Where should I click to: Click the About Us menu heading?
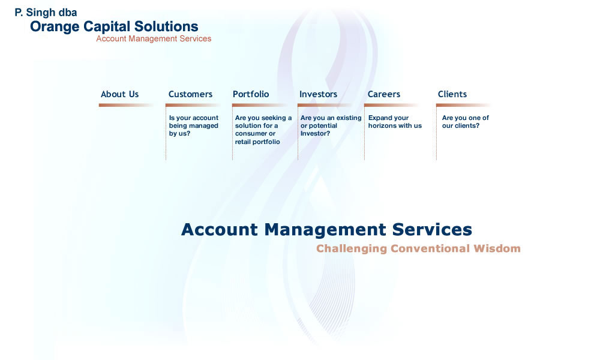[x=120, y=94]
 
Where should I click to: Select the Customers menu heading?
[x=190, y=94]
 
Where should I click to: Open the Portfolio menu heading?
[x=251, y=94]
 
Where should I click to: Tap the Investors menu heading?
[x=318, y=94]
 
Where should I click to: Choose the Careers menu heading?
[x=384, y=94]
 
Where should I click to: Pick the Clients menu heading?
[x=452, y=94]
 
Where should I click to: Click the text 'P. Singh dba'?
[x=46, y=13]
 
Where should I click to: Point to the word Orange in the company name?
[x=55, y=27]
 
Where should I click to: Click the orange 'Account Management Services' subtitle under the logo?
[x=154, y=38]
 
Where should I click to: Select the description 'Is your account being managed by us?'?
[x=194, y=125]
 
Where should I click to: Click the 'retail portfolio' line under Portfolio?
[x=257, y=142]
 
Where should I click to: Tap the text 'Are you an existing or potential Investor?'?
[x=331, y=125]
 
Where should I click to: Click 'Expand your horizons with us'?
[x=395, y=122]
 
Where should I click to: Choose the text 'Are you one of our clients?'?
[x=466, y=122]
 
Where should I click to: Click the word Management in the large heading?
[x=325, y=230]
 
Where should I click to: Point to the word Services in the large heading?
[x=432, y=230]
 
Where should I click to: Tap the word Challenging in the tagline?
[x=352, y=248]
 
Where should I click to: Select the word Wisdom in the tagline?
[x=497, y=248]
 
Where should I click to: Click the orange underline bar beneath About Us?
[x=125, y=105]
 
